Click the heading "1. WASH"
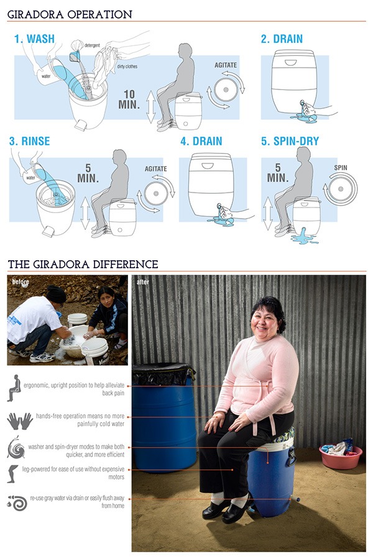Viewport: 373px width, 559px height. [34, 39]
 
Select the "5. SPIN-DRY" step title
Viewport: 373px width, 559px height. [290, 141]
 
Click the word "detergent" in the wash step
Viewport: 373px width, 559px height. [92, 45]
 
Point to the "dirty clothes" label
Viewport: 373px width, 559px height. [127, 66]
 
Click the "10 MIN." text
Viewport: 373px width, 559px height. [129, 99]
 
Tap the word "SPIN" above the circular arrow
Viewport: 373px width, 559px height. [341, 168]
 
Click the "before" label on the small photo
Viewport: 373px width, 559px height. [21, 281]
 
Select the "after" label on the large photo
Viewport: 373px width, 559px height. [142, 282]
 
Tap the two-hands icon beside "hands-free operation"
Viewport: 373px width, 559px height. [20, 421]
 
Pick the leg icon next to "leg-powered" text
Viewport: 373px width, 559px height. [12, 473]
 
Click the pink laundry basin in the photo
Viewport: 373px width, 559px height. [341, 457]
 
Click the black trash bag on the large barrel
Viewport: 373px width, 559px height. [163, 373]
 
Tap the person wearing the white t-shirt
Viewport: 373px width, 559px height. [35, 324]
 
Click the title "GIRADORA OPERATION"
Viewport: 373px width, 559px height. [70, 14]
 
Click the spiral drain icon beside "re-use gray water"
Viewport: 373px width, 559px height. [17, 502]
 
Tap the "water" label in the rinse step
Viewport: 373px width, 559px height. [30, 178]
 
